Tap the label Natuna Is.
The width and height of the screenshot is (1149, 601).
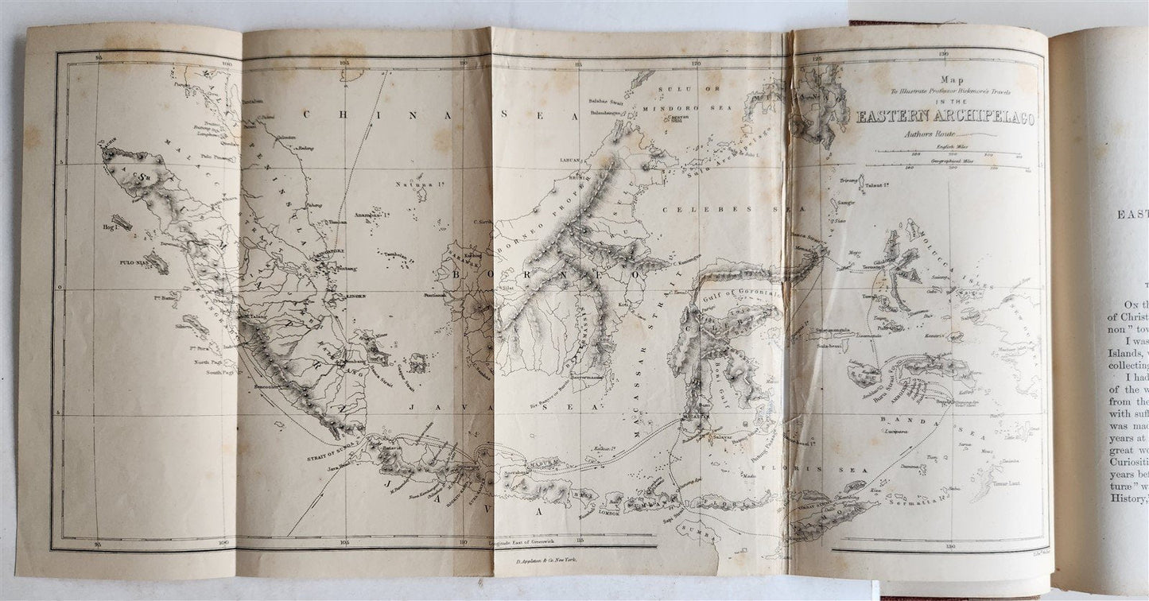point(413,185)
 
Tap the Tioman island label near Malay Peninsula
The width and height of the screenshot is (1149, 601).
point(316,222)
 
